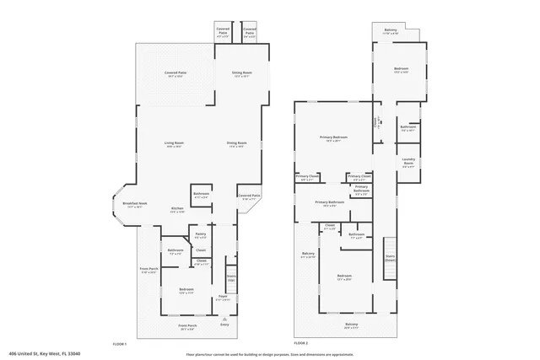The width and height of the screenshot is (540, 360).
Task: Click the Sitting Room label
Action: tap(241, 73)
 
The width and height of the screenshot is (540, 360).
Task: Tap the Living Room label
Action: tap(175, 143)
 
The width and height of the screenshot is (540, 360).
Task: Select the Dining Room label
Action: tap(236, 143)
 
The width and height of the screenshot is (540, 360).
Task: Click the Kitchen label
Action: tap(177, 208)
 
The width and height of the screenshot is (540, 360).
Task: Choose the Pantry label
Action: tap(201, 234)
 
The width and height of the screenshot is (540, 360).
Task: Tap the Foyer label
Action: tap(224, 297)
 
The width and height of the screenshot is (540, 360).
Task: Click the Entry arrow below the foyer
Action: tap(224, 319)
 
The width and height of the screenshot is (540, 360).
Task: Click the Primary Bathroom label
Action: tap(330, 202)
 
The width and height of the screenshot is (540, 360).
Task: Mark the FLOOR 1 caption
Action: tap(119, 344)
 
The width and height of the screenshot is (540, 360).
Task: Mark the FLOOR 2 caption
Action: tap(300, 344)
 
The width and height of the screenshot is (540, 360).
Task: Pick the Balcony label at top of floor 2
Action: tap(390, 30)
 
